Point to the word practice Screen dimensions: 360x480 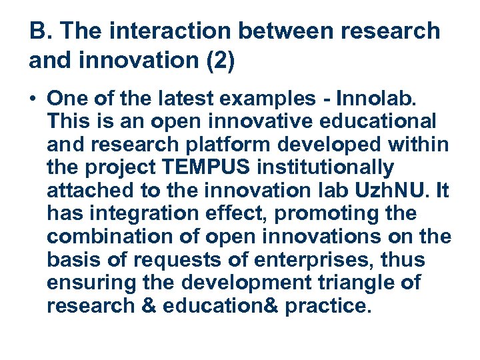[329, 306]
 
